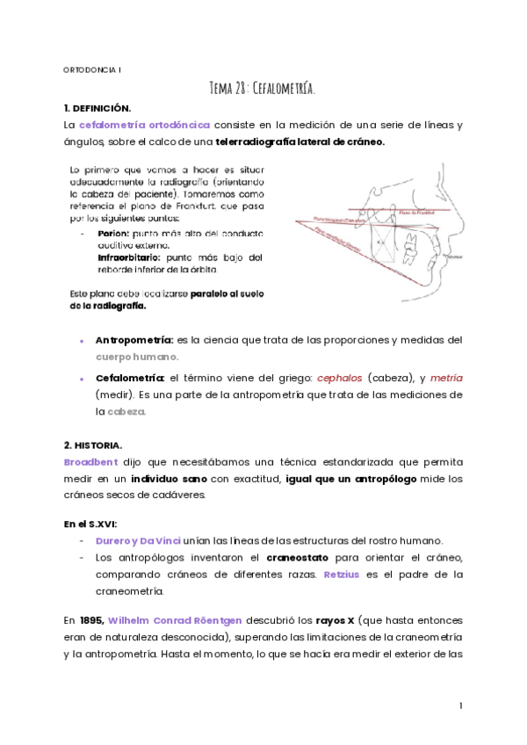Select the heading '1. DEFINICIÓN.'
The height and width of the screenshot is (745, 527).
tap(97, 108)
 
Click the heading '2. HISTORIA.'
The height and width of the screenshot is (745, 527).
tap(93, 445)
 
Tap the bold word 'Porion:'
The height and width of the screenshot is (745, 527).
tap(113, 235)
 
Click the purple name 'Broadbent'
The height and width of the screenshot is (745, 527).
tap(90, 461)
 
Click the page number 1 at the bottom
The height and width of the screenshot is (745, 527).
tap(460, 705)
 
